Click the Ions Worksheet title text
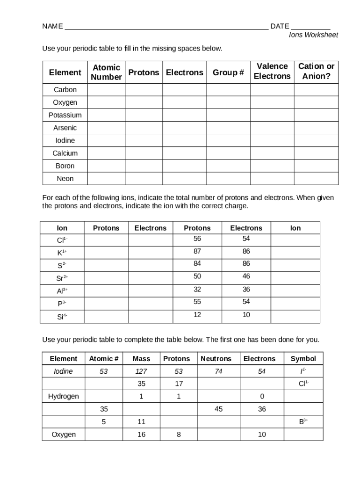point(313,35)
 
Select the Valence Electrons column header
point(272,71)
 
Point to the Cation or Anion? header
point(316,71)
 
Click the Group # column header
point(228,73)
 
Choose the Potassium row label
point(65,115)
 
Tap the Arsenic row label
point(65,128)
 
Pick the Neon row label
point(65,178)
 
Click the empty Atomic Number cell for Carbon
point(106,90)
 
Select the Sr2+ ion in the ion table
point(62,278)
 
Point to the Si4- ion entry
point(62,317)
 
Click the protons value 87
point(197,251)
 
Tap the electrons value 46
point(246,276)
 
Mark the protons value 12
point(197,315)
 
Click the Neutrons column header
point(216,359)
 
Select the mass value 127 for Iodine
point(141,371)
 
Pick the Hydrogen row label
point(64,397)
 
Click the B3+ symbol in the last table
point(303,422)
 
